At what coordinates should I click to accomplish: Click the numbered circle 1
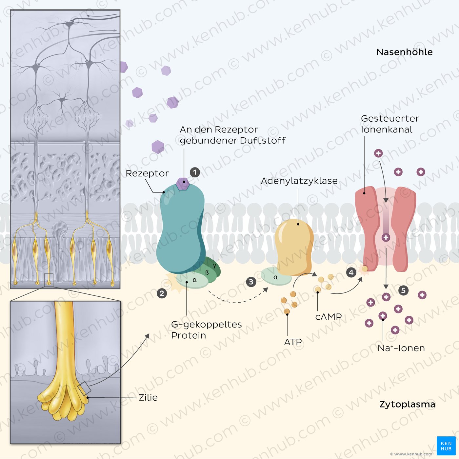[x=195, y=172]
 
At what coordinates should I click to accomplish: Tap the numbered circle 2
[x=162, y=293]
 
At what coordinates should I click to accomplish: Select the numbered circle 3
[x=251, y=282]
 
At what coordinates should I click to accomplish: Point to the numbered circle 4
[x=351, y=272]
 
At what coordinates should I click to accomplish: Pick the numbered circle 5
[x=404, y=290]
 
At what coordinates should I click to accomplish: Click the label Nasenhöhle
[x=405, y=52]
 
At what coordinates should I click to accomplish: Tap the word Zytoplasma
[x=407, y=405]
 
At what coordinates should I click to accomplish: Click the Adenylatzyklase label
[x=299, y=181]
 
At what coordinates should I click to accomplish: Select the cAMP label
[x=329, y=317]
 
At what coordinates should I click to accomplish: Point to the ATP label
[x=293, y=342]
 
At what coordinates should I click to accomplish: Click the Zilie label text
[x=148, y=398]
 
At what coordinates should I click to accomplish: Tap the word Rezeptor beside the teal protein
[x=147, y=173]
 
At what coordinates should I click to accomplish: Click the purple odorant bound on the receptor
[x=183, y=183]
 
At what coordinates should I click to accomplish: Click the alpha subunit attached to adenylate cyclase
[x=276, y=277]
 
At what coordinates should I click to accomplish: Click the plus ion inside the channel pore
[x=386, y=237]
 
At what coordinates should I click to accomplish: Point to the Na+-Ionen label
[x=401, y=348]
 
